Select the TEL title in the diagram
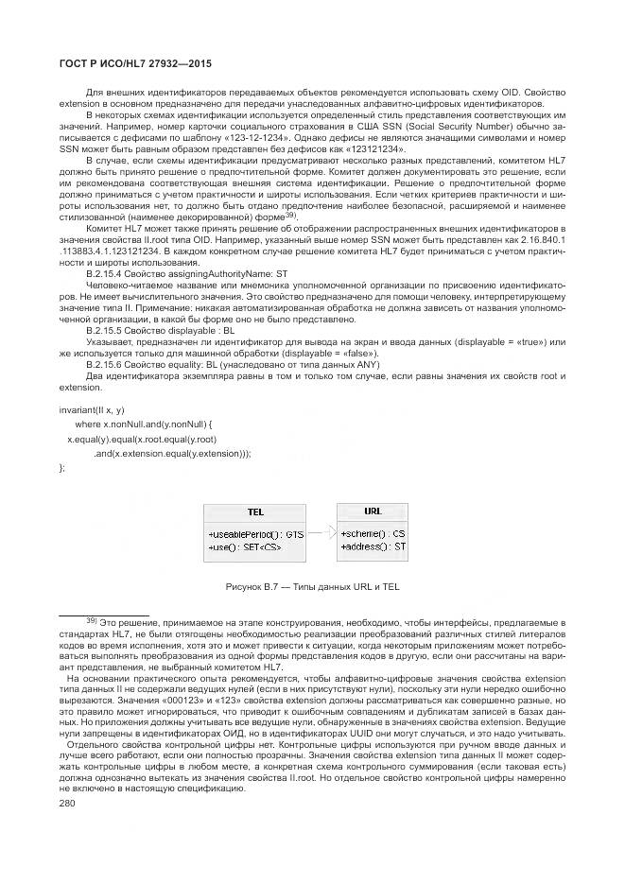(x=255, y=511)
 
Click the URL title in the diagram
(x=372, y=511)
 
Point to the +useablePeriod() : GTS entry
(x=255, y=533)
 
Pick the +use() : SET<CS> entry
(x=244, y=546)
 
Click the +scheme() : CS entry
(x=373, y=533)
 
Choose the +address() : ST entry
(x=373, y=546)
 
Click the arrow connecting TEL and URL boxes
(x=321, y=531)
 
